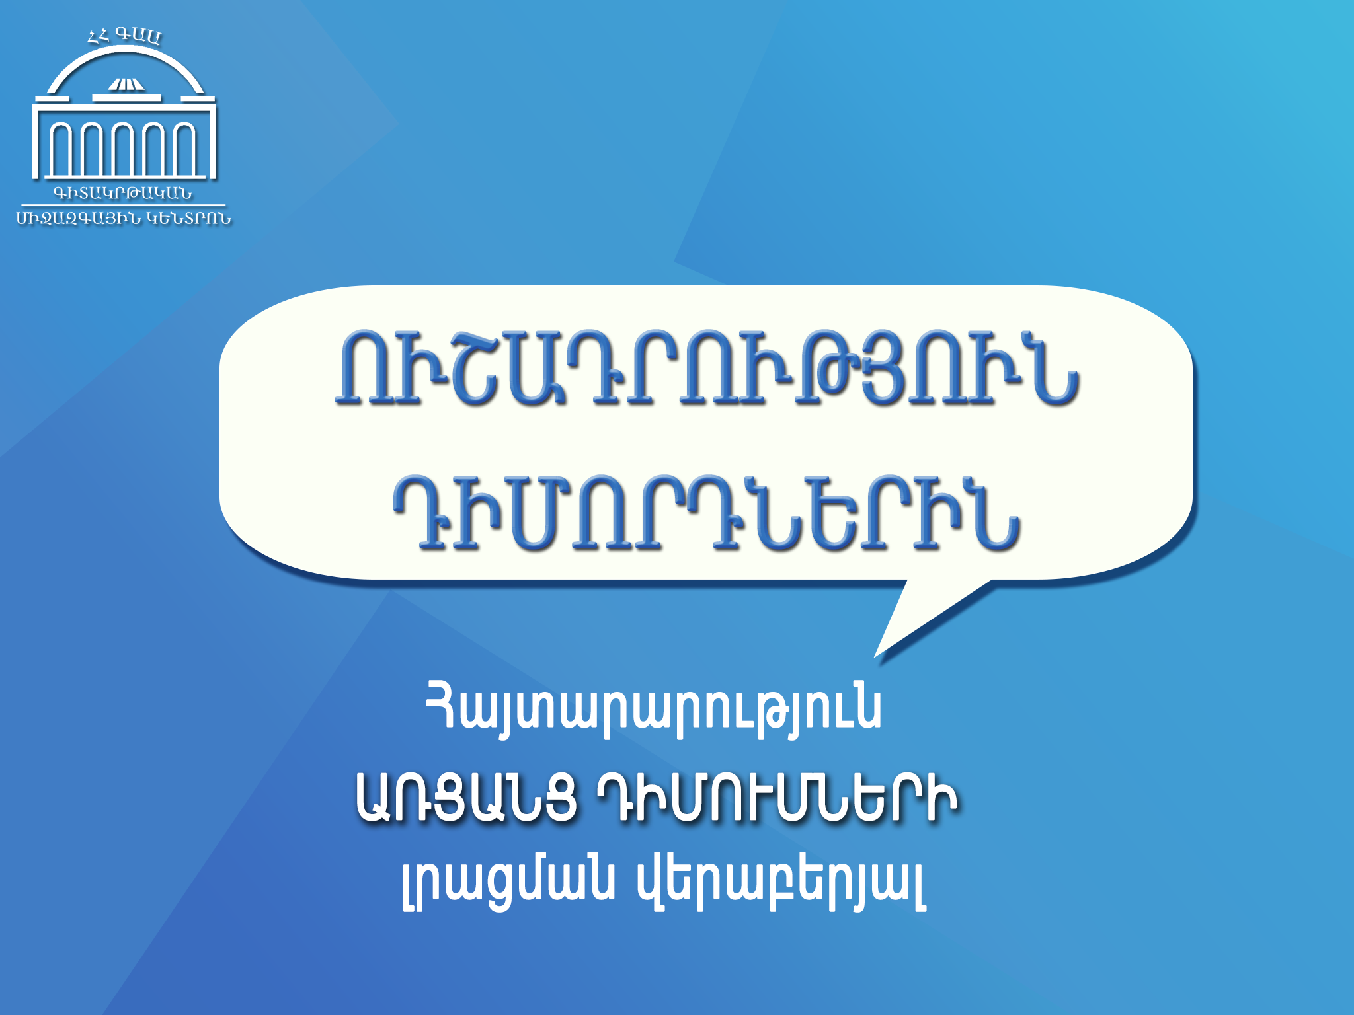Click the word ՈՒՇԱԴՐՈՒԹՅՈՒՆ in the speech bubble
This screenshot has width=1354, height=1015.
[707, 369]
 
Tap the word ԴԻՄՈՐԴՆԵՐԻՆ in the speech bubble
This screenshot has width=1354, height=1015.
[707, 513]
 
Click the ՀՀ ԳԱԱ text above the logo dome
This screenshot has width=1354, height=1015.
[124, 36]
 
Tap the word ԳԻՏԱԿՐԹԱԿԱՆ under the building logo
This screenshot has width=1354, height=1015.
[123, 194]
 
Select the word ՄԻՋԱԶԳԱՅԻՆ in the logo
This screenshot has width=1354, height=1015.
[79, 219]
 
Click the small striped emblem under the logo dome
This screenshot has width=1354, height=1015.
[126, 84]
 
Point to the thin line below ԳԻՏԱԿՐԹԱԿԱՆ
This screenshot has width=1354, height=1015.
[123, 206]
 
